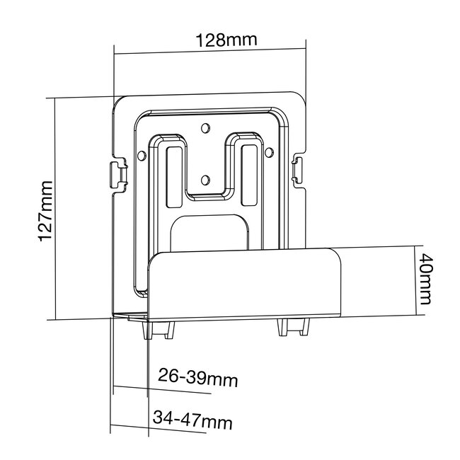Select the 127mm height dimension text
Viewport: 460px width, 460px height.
tap(45, 211)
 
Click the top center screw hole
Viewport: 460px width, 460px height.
tap(205, 128)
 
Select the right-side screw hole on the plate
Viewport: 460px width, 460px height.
tap(269, 151)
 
